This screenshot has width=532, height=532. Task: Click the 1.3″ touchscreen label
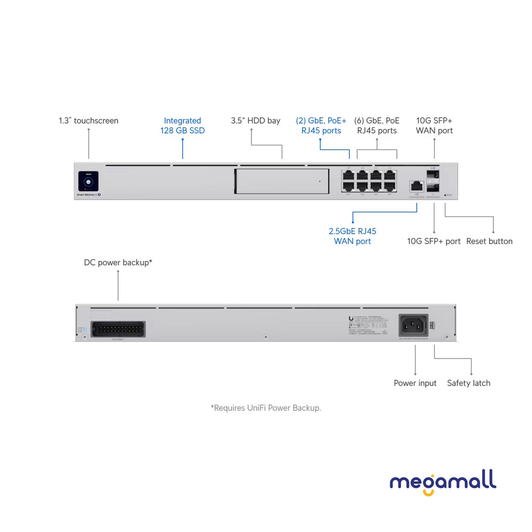(88, 121)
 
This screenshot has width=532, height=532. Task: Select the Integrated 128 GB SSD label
(182, 126)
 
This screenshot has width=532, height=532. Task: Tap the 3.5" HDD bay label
(256, 121)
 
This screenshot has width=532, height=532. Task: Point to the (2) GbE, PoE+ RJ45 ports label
(321, 126)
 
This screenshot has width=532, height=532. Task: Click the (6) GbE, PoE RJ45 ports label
(377, 126)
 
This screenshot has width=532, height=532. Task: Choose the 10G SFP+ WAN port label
(434, 126)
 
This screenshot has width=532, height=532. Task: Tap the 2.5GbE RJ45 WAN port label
(352, 236)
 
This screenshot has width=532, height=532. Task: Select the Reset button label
(489, 241)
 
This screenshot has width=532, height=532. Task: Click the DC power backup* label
(118, 262)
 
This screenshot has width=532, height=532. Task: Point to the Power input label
(415, 383)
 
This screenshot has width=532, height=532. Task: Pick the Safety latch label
(469, 383)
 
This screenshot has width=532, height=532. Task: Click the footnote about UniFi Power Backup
(266, 408)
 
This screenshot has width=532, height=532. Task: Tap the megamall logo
(443, 483)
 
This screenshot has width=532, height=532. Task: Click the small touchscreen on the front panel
(88, 181)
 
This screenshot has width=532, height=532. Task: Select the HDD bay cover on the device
(282, 181)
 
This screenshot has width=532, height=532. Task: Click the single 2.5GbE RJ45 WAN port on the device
(416, 185)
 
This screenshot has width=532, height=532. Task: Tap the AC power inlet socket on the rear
(414, 325)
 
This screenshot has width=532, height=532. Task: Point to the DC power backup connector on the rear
(117, 329)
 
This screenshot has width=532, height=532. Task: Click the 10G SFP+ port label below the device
(434, 241)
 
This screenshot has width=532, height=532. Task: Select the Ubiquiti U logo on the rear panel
(352, 319)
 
